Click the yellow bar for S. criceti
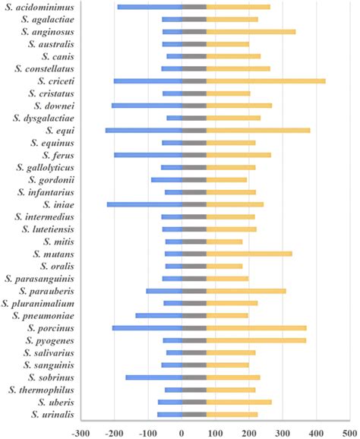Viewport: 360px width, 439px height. [266, 81]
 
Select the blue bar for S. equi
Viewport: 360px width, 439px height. [144, 131]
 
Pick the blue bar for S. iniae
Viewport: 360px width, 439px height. [144, 204]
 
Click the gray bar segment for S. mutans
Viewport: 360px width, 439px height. [194, 254]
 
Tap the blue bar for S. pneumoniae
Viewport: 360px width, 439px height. [159, 315]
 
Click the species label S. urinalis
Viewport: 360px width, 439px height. [52, 415]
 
